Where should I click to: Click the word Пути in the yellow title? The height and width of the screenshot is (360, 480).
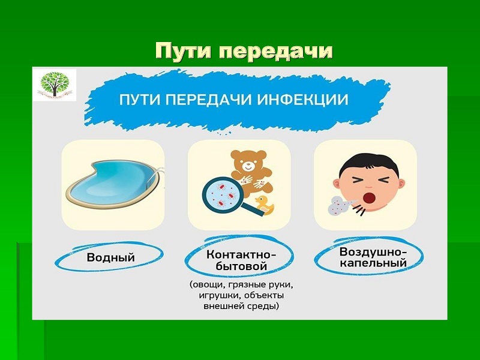tap(183, 52)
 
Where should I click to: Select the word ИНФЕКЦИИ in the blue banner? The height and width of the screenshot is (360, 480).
tap(303, 100)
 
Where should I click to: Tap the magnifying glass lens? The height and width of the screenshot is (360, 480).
tap(222, 194)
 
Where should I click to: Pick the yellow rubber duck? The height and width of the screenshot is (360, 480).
tap(265, 205)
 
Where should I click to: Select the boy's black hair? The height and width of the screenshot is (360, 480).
tap(370, 164)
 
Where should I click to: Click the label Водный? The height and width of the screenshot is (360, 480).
tap(110, 257)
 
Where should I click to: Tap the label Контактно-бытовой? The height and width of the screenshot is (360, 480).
tap(242, 260)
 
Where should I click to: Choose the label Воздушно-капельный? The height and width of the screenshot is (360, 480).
tap(373, 257)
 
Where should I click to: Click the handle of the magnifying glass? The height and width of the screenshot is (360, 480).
tap(252, 209)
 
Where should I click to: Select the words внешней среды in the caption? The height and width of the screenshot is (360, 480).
tap(241, 306)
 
